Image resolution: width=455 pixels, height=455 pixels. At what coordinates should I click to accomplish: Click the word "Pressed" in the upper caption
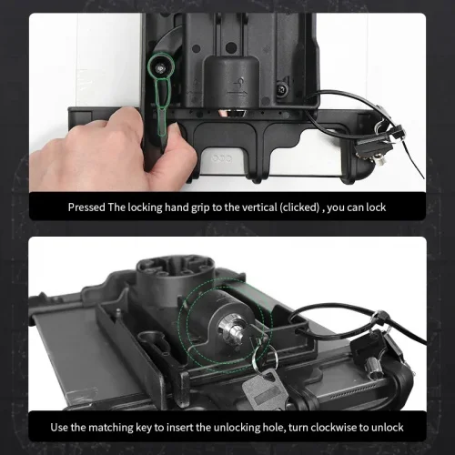click(x=86, y=207)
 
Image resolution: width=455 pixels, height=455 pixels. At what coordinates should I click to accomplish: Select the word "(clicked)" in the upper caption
click(x=299, y=207)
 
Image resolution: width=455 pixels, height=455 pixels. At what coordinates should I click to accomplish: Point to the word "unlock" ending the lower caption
click(x=388, y=428)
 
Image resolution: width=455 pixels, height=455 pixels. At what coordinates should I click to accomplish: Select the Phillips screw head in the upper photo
click(x=283, y=89)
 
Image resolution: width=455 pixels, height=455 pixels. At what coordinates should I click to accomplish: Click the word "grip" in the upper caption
click(x=200, y=208)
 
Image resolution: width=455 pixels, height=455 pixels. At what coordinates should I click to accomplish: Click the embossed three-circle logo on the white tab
click(x=222, y=158)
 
